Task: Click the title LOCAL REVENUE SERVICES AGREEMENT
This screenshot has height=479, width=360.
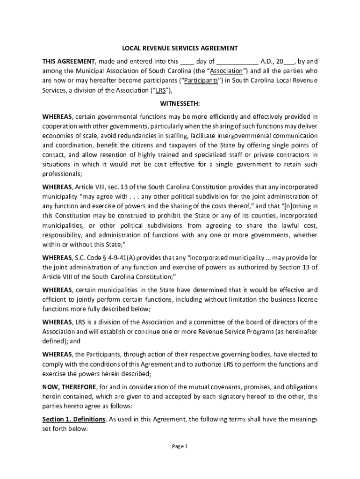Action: pyautogui.click(x=180, y=48)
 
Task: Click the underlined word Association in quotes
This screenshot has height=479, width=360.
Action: pyautogui.click(x=226, y=71)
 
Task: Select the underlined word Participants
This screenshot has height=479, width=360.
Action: pyautogui.click(x=201, y=80)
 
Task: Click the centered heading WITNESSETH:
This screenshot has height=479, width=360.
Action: pyautogui.click(x=180, y=103)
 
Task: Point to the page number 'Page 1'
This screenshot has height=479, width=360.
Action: pyautogui.click(x=180, y=447)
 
